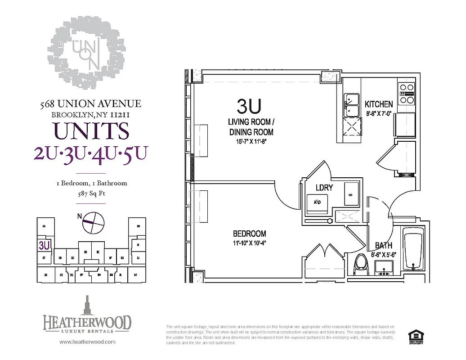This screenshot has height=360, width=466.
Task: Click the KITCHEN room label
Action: (378, 104)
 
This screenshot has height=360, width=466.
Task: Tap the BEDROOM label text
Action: (249, 234)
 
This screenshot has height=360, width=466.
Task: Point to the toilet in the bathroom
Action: (361, 266)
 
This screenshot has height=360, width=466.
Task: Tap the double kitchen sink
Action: (351, 104)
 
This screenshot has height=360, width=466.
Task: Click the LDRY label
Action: (324, 188)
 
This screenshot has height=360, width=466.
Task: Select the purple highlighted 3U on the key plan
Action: (44, 246)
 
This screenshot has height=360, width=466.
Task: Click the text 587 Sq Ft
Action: (91, 194)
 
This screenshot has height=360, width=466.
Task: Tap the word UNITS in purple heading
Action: (91, 131)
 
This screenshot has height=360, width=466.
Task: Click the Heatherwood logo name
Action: (87, 322)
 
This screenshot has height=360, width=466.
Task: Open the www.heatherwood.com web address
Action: (87, 342)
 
